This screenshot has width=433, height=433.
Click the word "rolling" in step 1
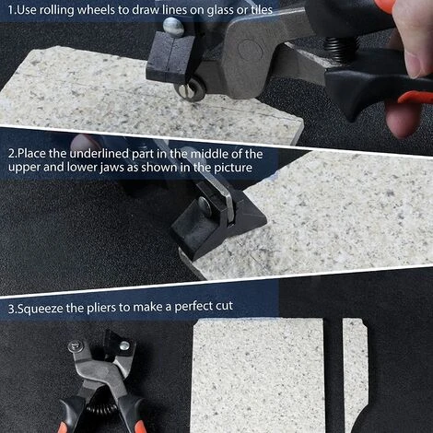tap(56, 10)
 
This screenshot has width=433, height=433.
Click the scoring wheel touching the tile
tap(190, 89)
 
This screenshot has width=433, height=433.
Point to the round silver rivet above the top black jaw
tap(173, 27)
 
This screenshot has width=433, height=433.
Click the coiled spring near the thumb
tap(342, 48)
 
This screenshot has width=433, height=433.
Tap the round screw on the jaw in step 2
tap(205, 205)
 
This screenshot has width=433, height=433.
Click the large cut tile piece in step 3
tap(258, 375)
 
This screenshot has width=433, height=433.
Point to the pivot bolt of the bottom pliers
tap(75, 346)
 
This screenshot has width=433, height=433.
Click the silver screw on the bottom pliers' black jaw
tap(124, 345)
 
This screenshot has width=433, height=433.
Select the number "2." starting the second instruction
tap(13, 154)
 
